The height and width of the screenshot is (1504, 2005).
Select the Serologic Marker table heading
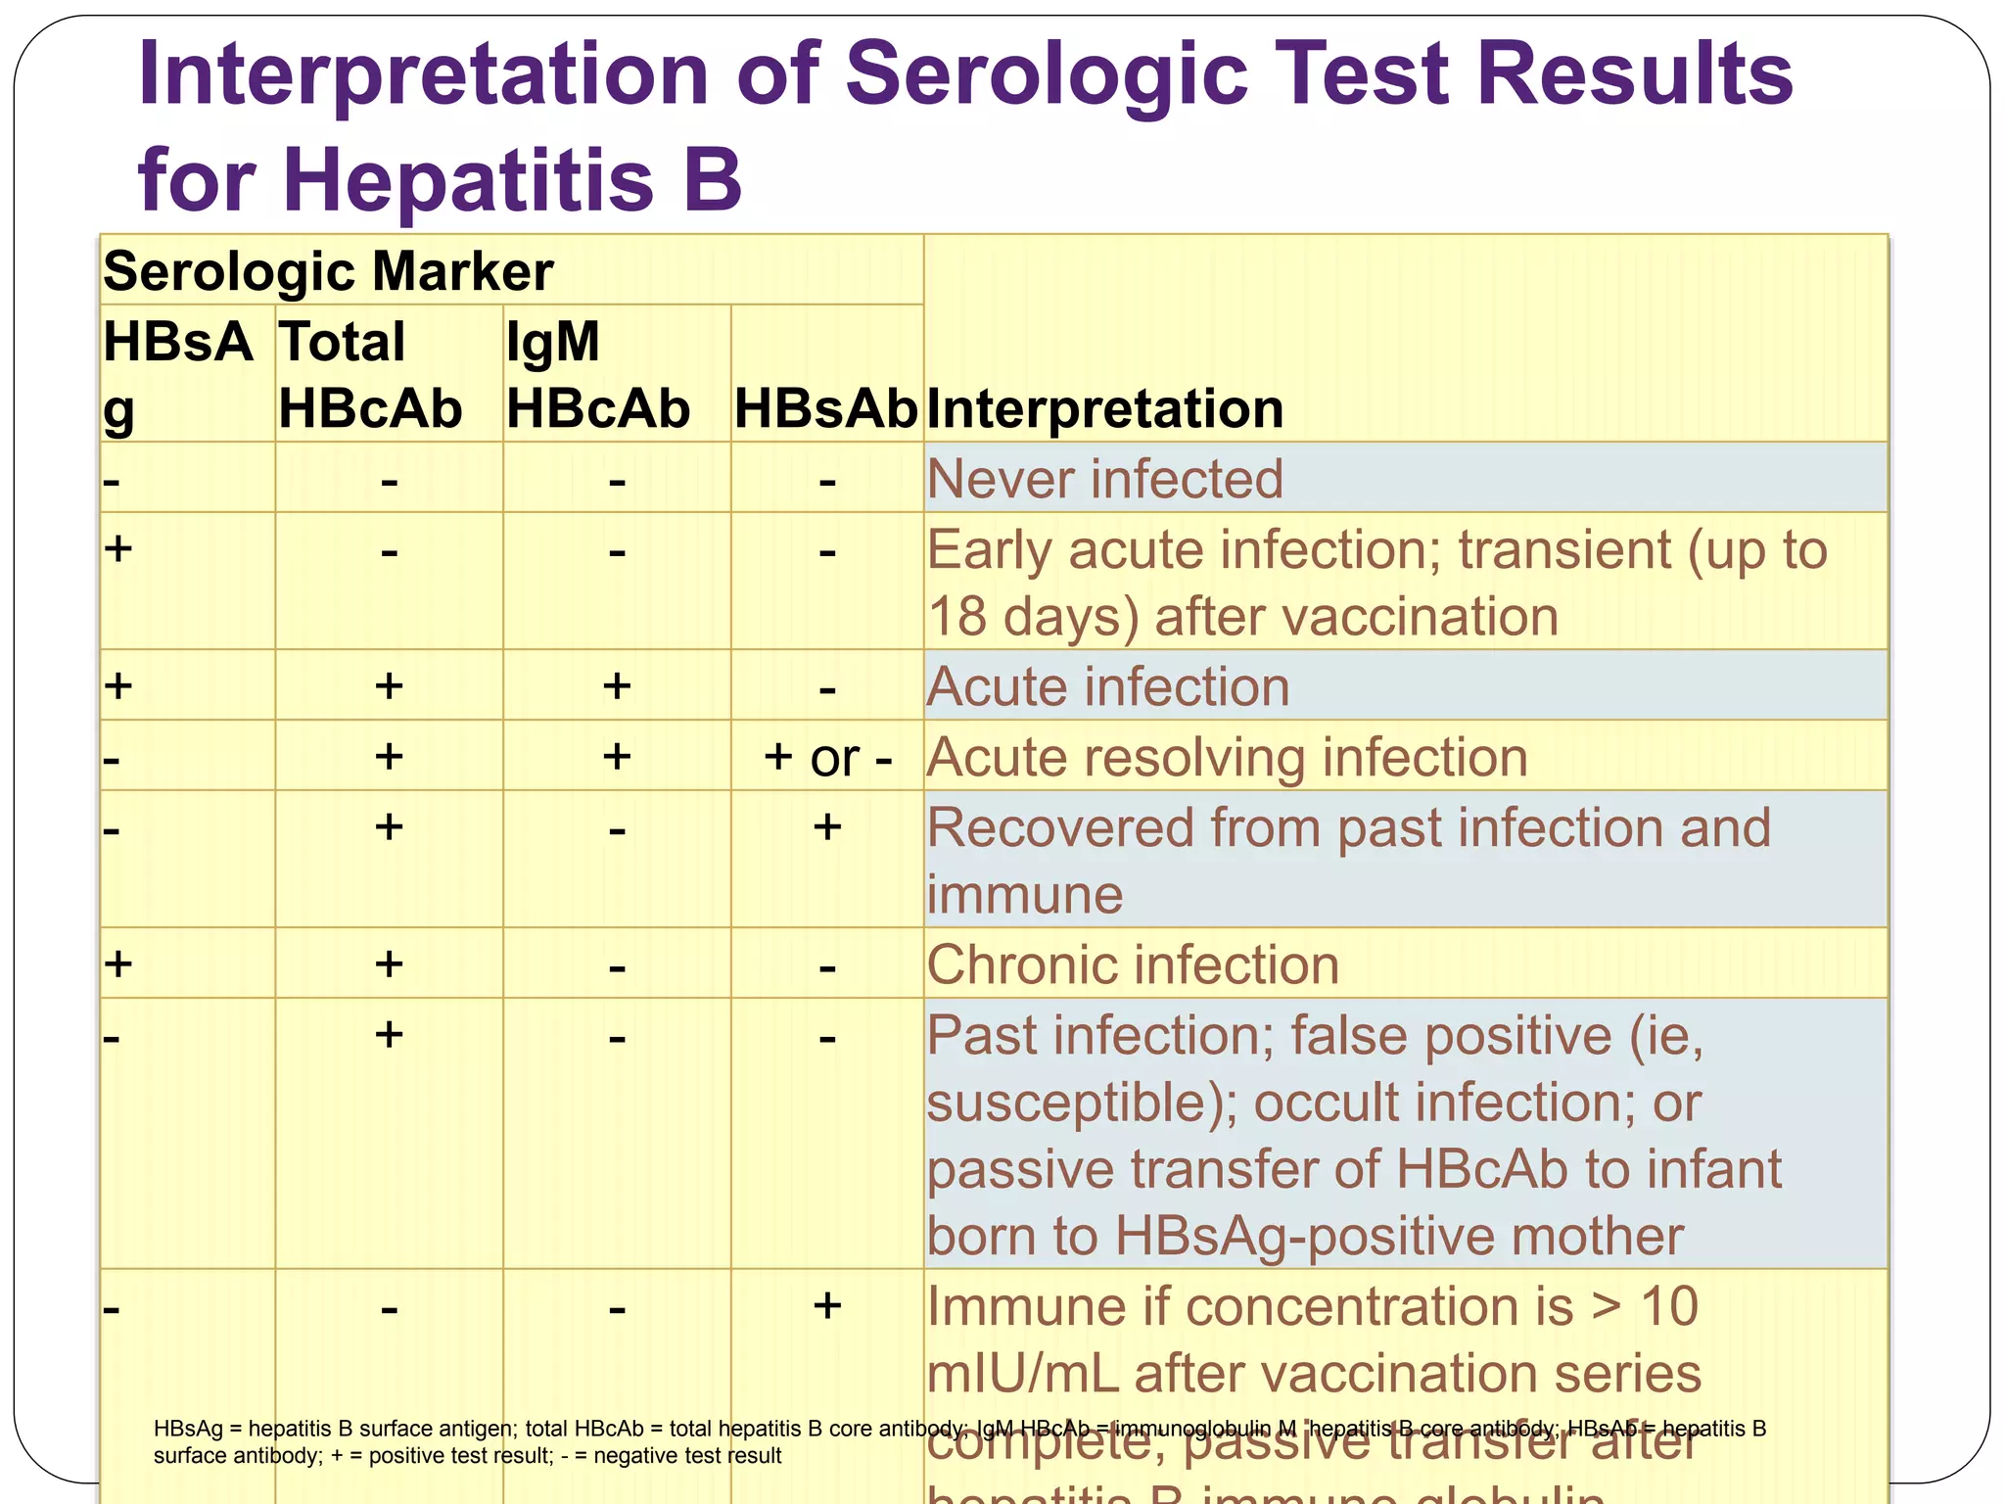coord(328,271)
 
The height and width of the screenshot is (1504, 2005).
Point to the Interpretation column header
coord(1104,408)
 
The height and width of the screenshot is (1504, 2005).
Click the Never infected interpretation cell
coord(1104,479)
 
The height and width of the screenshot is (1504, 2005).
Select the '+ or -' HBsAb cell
coord(827,758)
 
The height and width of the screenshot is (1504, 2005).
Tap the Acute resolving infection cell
coord(1227,758)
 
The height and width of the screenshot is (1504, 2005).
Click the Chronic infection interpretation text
coord(1133,965)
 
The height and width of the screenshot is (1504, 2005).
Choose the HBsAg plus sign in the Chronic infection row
coord(118,964)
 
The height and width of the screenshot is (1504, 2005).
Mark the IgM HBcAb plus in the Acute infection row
coord(617,686)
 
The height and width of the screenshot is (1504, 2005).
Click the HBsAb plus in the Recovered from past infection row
coord(827,827)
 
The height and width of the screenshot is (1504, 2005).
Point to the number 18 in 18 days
coord(956,618)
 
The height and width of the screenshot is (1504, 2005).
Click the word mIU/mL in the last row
coord(1022,1374)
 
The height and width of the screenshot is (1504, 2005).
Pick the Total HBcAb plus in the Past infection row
coord(389,1035)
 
